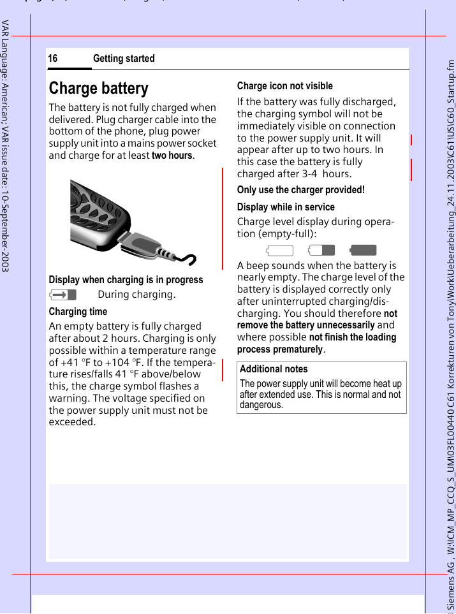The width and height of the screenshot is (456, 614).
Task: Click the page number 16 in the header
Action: pos(53,59)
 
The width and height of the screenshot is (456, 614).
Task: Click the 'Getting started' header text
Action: pos(124,59)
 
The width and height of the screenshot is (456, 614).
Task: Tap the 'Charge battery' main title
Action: pos(98,88)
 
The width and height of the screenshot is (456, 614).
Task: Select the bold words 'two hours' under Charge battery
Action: pos(172,156)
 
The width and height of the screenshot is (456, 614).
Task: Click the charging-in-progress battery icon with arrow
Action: pos(63,295)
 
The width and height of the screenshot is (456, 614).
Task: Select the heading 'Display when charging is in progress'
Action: pos(126,280)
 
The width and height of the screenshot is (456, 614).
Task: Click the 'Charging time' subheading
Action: pos(78,312)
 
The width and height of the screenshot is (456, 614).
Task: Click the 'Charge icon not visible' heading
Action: pos(284,86)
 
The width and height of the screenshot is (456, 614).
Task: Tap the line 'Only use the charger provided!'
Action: pos(300,190)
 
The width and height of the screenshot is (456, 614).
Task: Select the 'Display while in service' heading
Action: pos(286,207)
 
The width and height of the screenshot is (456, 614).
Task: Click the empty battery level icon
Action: pos(280,251)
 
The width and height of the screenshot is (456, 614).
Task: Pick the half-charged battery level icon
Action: pos(321,251)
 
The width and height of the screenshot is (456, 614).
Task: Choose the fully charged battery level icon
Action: pos(364,251)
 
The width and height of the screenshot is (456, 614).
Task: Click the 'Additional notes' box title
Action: pos(274,369)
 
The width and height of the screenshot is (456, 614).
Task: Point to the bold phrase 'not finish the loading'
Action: pos(352,337)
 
